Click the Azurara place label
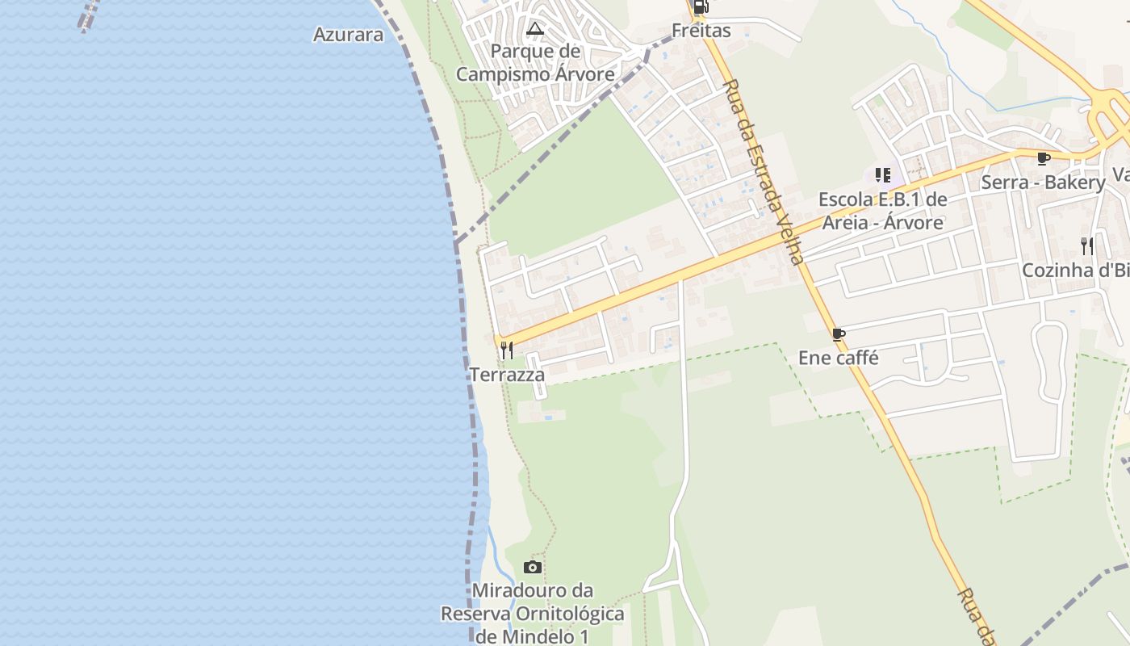349,35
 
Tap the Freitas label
701,31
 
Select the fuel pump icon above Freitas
701,7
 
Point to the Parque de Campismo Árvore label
535,63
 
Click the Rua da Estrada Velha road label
764,171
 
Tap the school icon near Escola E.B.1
882,174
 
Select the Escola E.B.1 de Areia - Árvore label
882,211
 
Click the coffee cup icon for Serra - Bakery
1043,158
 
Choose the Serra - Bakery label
1043,182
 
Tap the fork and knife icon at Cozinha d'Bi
1087,245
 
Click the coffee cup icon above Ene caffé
839,334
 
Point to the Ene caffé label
839,357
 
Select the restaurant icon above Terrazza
507,350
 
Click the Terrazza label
507,375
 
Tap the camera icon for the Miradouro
532,567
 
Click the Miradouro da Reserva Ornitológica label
532,613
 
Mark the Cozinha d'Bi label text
1076,271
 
